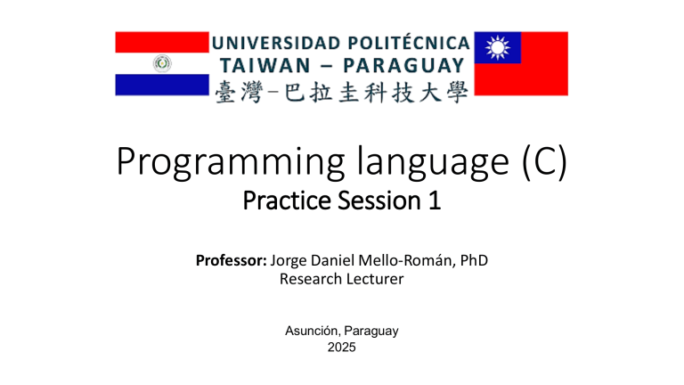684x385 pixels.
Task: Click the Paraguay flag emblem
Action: tap(162, 63)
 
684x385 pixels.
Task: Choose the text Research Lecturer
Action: tap(341, 280)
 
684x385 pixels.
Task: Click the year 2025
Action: tap(341, 347)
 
